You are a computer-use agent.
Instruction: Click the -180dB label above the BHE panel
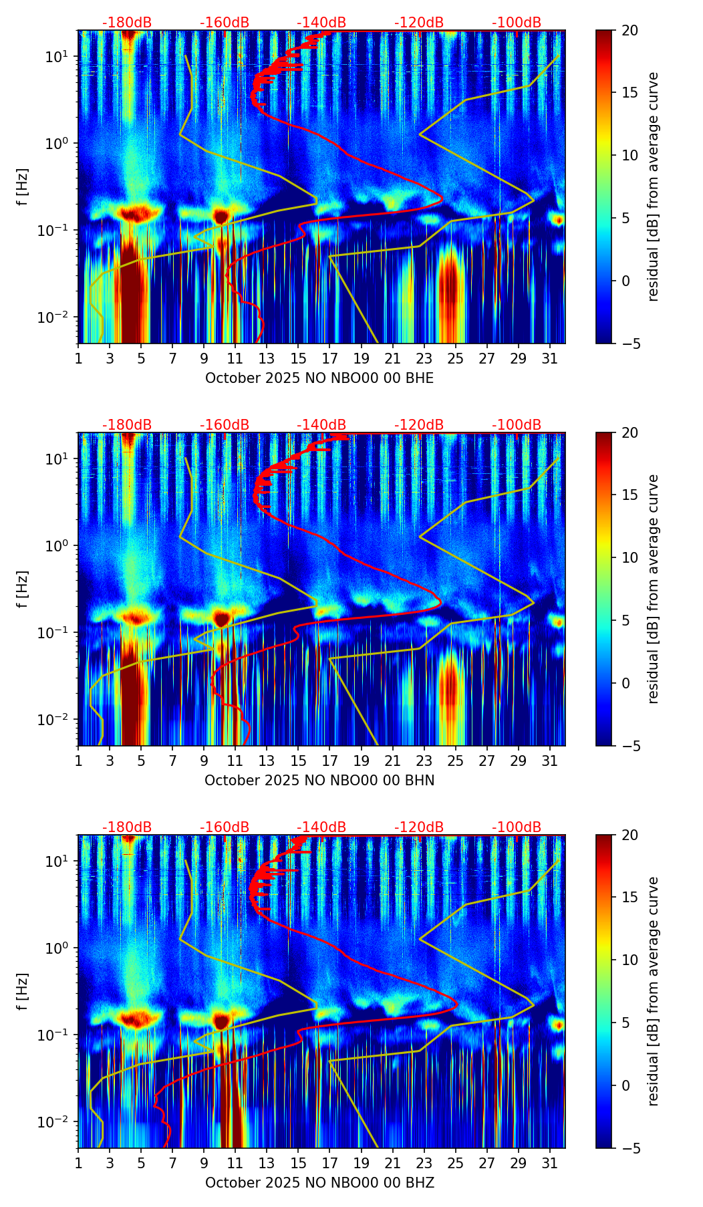pos(127,23)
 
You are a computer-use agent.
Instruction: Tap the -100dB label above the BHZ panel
pos(517,827)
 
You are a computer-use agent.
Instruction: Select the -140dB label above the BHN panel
pos(321,425)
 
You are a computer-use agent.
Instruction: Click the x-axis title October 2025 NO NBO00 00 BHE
pos(319,378)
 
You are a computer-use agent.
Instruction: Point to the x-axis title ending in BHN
pos(319,781)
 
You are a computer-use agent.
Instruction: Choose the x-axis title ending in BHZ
pos(319,1183)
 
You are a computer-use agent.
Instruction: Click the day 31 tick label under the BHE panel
pos(549,358)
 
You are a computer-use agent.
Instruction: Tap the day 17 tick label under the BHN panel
pos(329,760)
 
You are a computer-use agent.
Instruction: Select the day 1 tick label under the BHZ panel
pos(78,1162)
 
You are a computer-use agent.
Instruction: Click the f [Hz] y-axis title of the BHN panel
pos(23,589)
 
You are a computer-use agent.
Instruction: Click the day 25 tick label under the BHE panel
pos(455,358)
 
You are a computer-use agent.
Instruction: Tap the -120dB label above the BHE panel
pos(419,23)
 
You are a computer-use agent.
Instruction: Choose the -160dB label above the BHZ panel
pos(225,827)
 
